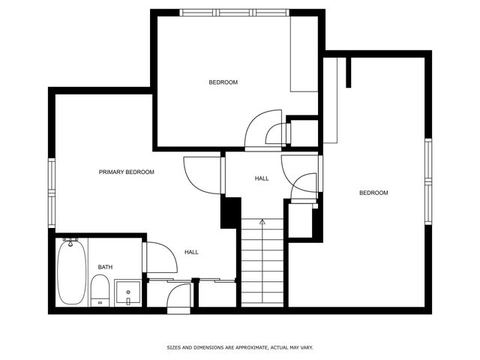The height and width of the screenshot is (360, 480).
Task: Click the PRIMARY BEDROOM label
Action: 127,172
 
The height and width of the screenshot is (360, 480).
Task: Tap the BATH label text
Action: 105,267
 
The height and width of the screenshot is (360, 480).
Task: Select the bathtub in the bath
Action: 72,271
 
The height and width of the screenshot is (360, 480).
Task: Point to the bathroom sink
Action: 128,293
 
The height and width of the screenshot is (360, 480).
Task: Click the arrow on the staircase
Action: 262,222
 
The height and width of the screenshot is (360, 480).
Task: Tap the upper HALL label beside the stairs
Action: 262,178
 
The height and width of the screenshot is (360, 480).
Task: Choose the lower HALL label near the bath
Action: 191,252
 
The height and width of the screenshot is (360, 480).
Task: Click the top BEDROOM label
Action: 223,82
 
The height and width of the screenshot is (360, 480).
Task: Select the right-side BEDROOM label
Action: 373,193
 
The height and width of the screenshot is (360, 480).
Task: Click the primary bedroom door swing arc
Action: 199,176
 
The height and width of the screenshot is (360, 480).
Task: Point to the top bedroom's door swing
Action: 262,127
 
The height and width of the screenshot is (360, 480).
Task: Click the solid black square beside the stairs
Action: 230,212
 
